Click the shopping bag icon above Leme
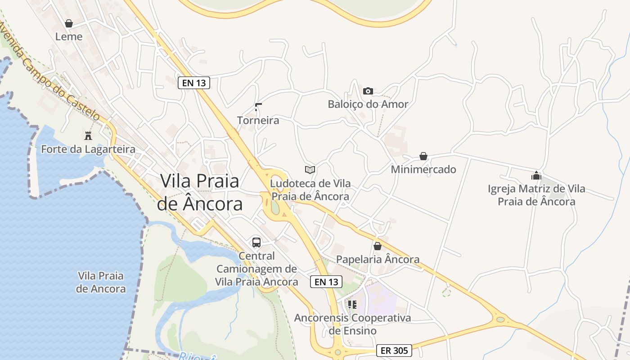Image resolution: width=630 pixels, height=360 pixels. pos(69,23)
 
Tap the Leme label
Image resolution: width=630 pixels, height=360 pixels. pos(69,36)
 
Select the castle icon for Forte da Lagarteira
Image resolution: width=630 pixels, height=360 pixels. pos(88,135)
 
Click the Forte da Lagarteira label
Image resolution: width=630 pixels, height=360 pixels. pos(88,149)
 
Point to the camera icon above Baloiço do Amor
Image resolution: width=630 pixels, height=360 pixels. pos(368,91)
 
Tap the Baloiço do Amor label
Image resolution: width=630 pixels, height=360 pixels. pos(368,104)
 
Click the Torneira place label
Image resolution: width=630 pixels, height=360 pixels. pos(258,120)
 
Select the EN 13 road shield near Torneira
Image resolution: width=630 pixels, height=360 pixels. pos(194,83)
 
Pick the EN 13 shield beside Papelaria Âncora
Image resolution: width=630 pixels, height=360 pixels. pos(326,282)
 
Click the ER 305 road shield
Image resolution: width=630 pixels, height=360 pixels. pos(394,351)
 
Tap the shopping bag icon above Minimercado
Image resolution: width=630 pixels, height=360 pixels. pos(423,156)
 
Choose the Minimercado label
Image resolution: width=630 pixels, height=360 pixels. pos(423,169)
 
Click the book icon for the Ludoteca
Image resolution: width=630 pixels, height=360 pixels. pos(310,170)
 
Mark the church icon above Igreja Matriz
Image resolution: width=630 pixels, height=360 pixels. pos(536,175)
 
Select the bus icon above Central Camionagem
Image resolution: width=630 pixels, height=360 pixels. pos(256,243)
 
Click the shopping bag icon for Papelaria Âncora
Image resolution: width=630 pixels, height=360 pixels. pos(378,246)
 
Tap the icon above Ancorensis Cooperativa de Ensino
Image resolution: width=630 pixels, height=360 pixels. pos(352,305)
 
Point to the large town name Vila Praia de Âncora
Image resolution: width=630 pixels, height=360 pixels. pos(200,193)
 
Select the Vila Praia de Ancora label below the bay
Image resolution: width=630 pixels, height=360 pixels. pos(101,282)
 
